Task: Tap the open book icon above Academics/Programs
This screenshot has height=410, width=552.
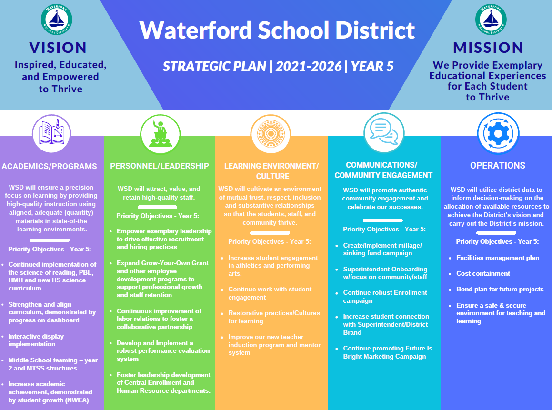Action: click(51, 134)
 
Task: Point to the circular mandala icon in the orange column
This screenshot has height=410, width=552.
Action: click(271, 134)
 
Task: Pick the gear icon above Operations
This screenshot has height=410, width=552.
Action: click(497, 134)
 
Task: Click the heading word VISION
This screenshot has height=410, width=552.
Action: click(58, 48)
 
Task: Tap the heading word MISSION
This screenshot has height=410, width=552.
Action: click(488, 48)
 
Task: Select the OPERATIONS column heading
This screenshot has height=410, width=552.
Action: click(497, 166)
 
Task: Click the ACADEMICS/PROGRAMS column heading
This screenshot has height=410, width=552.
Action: click(50, 166)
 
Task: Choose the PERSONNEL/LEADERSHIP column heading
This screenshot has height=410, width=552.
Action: click(160, 166)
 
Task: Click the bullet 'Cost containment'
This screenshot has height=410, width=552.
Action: click(483, 273)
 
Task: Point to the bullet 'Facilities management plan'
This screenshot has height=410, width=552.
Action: click(498, 258)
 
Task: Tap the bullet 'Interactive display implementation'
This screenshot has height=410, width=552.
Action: click(36, 340)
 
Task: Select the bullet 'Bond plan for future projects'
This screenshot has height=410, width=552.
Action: click(500, 289)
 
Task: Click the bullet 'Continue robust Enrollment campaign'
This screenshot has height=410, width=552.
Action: click(385, 296)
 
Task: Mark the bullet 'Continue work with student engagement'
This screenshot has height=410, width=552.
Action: click(270, 293)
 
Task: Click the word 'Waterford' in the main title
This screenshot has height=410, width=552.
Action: click(195, 31)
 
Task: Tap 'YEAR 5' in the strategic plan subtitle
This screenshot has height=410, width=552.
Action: click(372, 66)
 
